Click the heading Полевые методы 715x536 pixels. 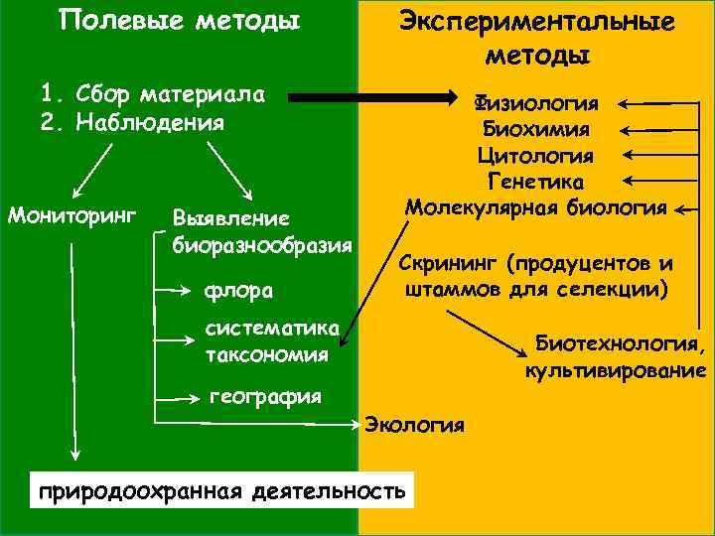[x=180, y=21]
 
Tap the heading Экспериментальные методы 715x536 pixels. [x=537, y=37]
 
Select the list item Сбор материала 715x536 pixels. [x=154, y=95]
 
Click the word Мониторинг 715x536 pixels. [x=71, y=214]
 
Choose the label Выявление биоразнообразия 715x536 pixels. [x=262, y=230]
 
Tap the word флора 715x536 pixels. [x=239, y=291]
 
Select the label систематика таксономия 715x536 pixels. [x=270, y=340]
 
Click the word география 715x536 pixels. [x=265, y=397]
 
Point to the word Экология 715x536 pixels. [x=415, y=425]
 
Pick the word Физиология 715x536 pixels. [x=535, y=103]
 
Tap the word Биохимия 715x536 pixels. [x=535, y=129]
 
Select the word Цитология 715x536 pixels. [x=535, y=156]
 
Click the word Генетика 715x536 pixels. [x=535, y=182]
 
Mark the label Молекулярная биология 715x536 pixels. [x=535, y=207]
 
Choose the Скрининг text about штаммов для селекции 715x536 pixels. [x=536, y=277]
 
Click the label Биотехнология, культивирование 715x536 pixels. [x=616, y=356]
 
